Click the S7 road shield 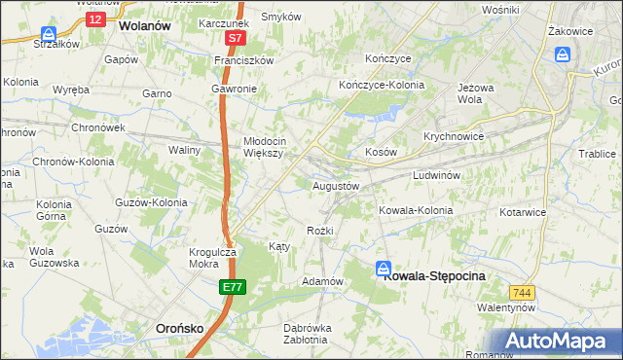click(x=235, y=39)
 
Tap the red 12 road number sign click(x=93, y=18)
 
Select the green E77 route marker click(x=232, y=287)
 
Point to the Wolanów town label click(x=143, y=27)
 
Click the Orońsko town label click(x=179, y=329)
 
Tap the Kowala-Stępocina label click(x=434, y=276)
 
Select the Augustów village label click(x=336, y=185)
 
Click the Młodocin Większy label click(x=263, y=146)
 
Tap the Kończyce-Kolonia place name click(x=382, y=86)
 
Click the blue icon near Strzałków click(x=48, y=33)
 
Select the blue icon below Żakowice click(x=562, y=54)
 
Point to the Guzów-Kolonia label click(x=151, y=202)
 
